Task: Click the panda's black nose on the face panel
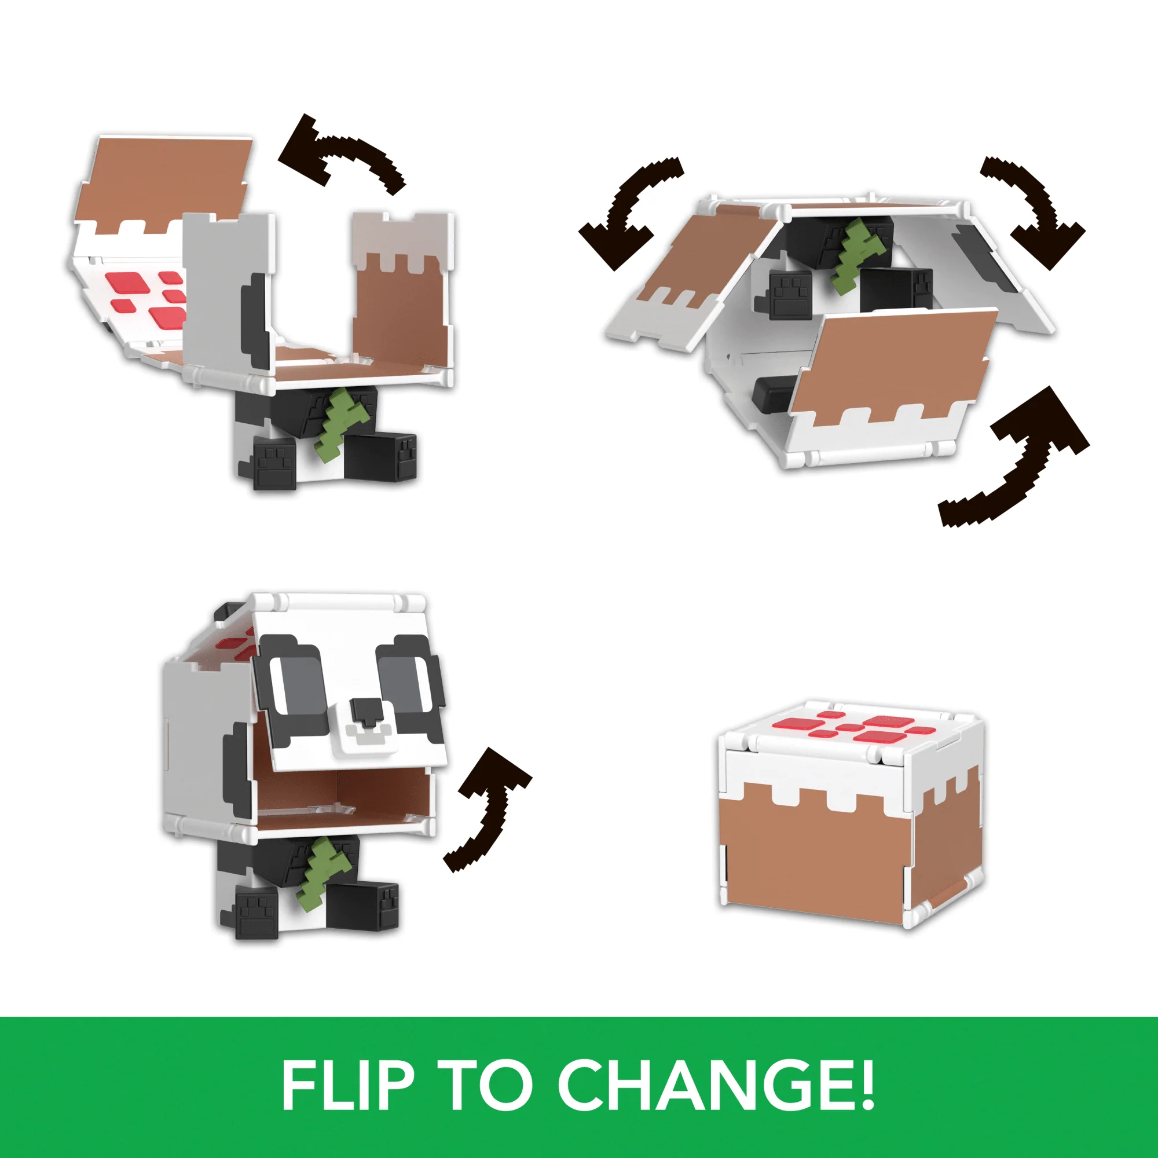pyautogui.click(x=367, y=710)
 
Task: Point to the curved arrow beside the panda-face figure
pyautogui.click(x=487, y=806)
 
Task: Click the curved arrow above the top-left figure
pyautogui.click(x=339, y=153)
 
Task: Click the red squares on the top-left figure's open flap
pyautogui.click(x=147, y=294)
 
